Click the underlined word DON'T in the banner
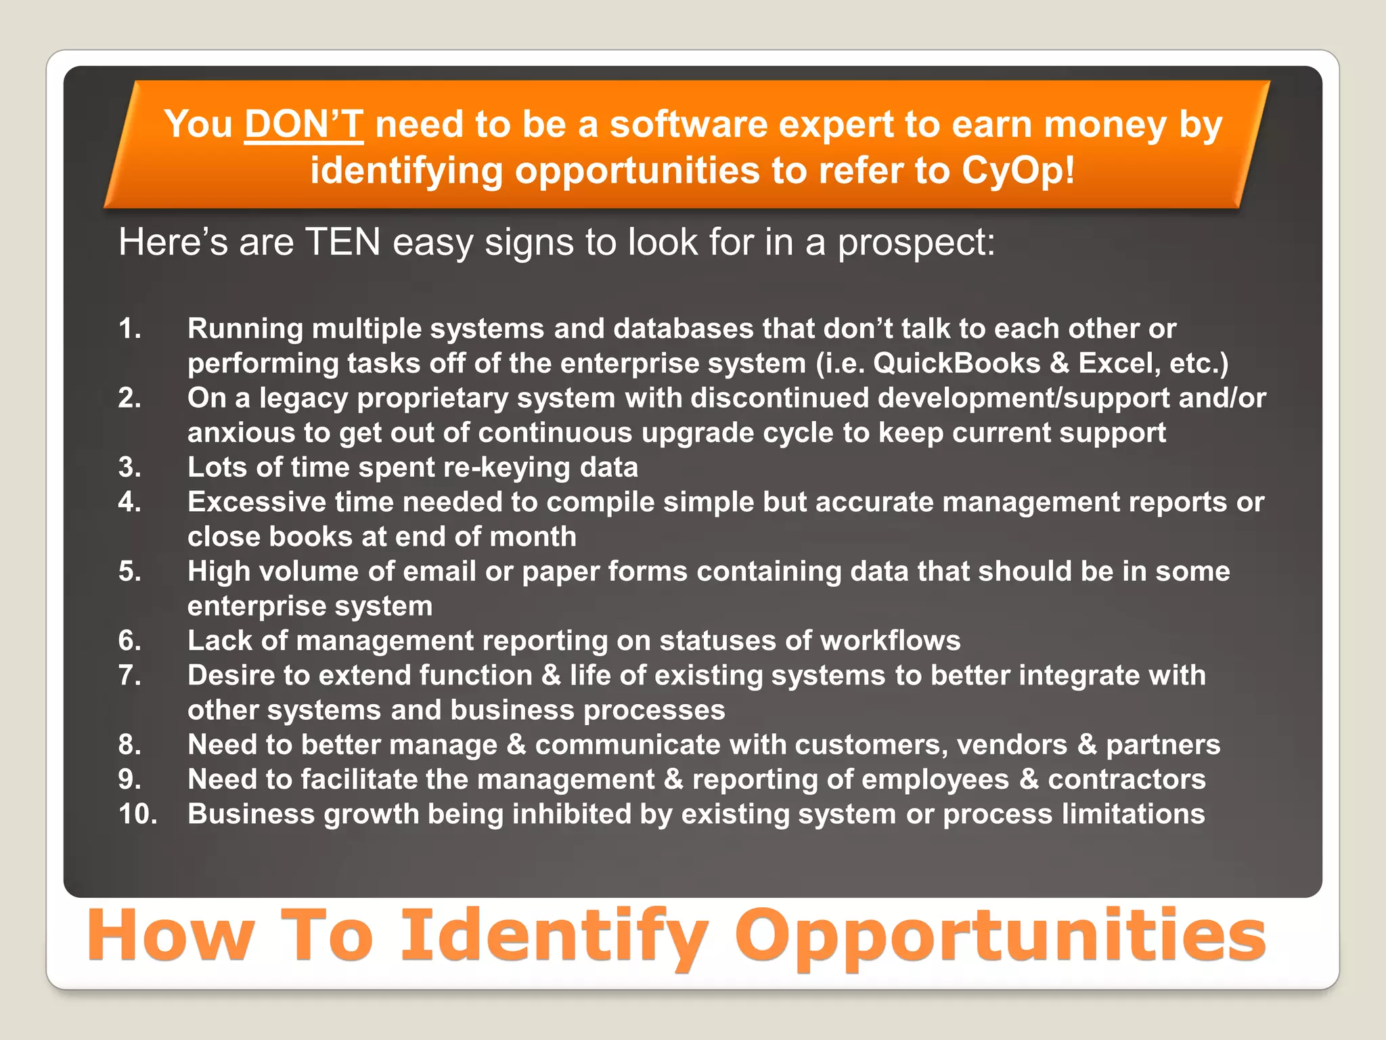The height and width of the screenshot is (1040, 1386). coord(304,125)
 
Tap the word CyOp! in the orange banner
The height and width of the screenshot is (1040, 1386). coord(1018,170)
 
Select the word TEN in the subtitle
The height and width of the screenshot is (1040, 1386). coord(343,242)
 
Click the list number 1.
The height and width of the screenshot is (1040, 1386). coord(130,329)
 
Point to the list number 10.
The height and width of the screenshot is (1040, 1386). coord(137,814)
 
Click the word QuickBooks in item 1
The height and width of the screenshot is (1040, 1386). coord(956,364)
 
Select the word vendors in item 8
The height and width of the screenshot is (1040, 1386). coord(1012,745)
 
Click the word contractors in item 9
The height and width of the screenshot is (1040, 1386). coord(1126,779)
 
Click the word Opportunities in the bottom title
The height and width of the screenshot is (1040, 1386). coord(1000,936)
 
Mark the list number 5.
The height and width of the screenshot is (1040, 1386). coord(130,571)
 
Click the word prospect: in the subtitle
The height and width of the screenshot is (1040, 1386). coord(916,242)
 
